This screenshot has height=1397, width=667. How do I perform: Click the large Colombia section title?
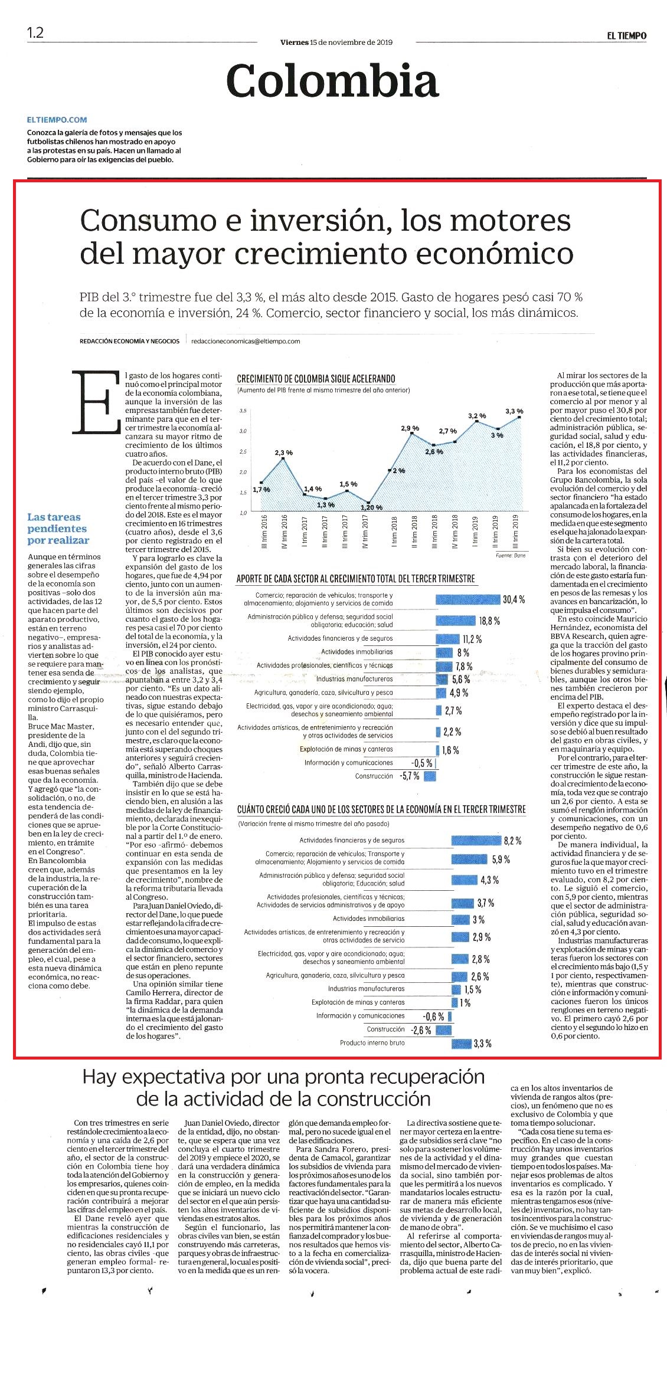coord(332,81)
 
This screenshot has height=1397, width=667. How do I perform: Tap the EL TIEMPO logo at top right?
coord(627,35)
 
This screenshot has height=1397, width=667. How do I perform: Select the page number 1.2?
coord(35,32)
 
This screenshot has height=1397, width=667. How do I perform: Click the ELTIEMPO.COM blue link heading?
coord(57,119)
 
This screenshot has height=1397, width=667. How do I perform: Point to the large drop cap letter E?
coord(93,402)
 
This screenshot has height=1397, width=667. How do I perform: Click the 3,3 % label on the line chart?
coord(514,411)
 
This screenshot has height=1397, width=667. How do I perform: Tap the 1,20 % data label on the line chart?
coord(372,507)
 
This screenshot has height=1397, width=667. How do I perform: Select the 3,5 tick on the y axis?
coord(243,410)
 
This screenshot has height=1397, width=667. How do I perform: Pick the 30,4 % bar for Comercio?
coord(467,599)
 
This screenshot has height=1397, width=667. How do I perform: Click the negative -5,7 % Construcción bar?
coord(429,776)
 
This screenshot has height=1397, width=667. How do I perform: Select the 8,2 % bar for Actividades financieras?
coord(476,841)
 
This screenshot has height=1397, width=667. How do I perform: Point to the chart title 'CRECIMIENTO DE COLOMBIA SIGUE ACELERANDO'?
coord(316,379)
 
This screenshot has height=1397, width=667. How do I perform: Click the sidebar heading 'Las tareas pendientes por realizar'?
coord(58,529)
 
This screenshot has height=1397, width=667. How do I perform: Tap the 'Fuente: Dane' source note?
coord(511,556)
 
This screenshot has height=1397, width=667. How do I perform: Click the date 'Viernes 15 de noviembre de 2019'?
coord(336,42)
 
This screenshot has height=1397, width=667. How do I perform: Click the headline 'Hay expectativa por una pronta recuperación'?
coord(283,1077)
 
